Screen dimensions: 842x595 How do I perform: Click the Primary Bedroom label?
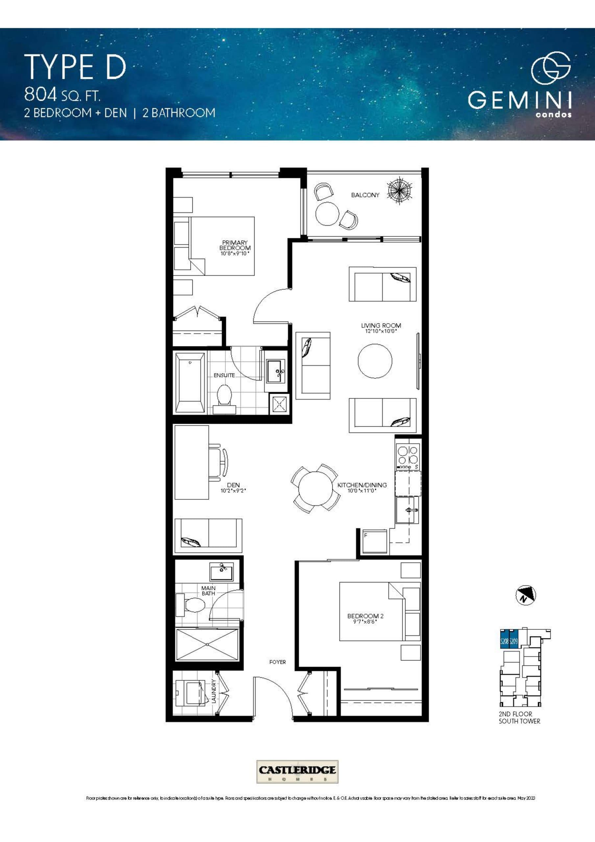[235, 245]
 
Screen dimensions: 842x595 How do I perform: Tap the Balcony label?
[365, 195]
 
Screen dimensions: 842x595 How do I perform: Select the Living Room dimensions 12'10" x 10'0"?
[381, 331]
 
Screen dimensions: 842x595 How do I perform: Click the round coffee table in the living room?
[375, 361]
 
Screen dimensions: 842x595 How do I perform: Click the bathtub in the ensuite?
[190, 382]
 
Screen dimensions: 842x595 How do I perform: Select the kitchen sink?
[407, 510]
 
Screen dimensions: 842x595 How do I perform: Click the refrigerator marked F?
[374, 542]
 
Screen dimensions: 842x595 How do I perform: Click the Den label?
[233, 485]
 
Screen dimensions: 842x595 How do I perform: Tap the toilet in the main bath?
[193, 605]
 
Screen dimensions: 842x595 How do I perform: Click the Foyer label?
[277, 662]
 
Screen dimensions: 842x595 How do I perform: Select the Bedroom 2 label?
[365, 616]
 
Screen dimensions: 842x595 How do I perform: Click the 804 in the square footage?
[40, 95]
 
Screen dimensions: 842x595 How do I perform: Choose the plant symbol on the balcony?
[400, 189]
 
